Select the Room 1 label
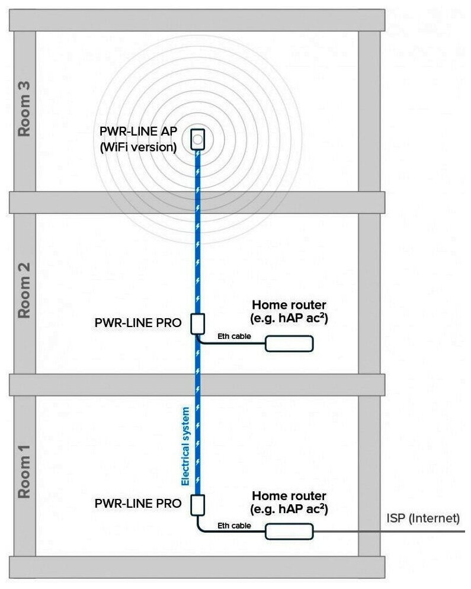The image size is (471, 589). click(24, 474)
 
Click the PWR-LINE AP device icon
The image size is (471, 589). click(198, 140)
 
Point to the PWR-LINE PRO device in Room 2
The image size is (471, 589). click(198, 324)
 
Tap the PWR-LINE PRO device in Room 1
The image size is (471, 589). click(198, 505)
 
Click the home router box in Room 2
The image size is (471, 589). click(289, 344)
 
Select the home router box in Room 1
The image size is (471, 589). click(289, 532)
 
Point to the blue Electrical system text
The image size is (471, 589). click(185, 446)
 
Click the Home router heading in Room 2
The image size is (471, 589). click(289, 305)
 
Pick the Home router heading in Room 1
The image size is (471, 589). click(289, 494)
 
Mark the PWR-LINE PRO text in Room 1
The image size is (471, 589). click(137, 504)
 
